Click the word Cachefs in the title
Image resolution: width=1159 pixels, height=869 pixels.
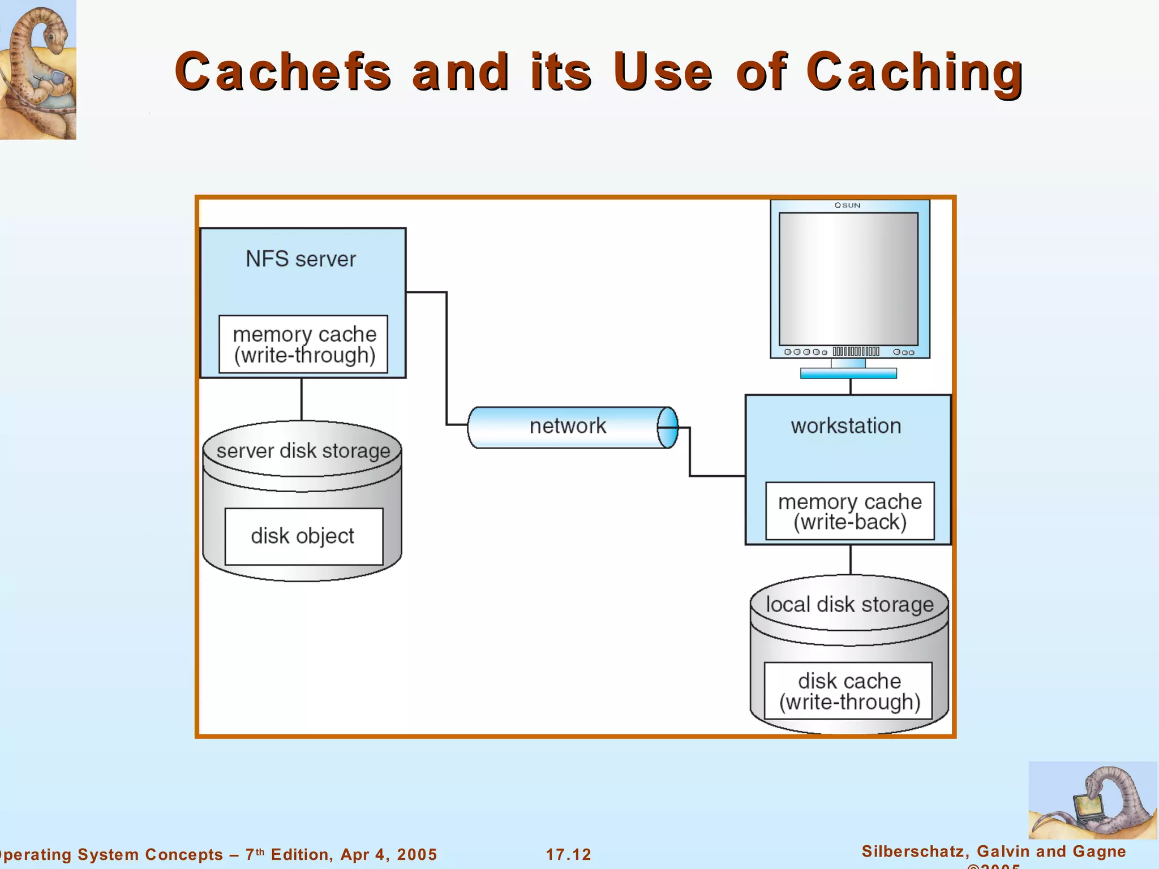[x=282, y=71]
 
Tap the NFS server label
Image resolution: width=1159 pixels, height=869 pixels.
[x=301, y=259]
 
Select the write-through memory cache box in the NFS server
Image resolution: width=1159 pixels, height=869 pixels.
[x=304, y=345]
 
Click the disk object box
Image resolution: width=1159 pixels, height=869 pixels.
[x=303, y=536]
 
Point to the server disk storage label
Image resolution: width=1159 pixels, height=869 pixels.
[x=303, y=451]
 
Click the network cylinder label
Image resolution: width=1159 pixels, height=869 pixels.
[x=568, y=426]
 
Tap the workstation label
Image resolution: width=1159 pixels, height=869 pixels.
[x=845, y=426]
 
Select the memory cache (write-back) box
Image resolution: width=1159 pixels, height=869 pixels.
[x=849, y=511]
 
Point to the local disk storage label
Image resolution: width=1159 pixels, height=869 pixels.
[x=849, y=604]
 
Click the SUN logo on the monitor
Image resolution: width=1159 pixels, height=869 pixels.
[x=848, y=205]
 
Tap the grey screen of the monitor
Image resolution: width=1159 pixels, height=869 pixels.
[x=848, y=278]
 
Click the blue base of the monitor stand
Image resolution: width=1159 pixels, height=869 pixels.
[x=848, y=373]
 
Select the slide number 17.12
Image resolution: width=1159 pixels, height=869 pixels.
[x=568, y=854]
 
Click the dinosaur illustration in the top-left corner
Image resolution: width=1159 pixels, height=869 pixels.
[x=37, y=69]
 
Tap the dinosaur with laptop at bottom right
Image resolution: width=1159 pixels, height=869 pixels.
[x=1092, y=800]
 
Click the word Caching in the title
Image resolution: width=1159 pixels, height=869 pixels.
[x=914, y=71]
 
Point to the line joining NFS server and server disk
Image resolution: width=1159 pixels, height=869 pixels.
[x=302, y=399]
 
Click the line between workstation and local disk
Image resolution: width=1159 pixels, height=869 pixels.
[x=851, y=560]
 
